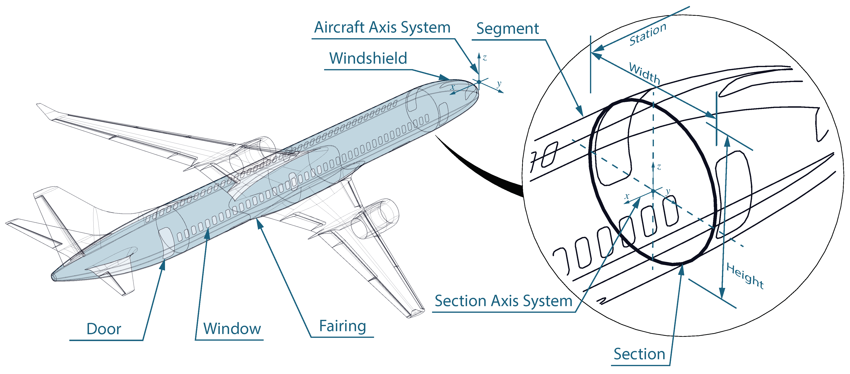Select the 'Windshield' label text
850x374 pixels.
click(x=368, y=58)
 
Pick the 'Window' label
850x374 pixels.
click(x=232, y=329)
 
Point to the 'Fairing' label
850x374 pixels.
click(x=343, y=326)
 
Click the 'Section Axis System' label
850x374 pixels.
click(x=503, y=301)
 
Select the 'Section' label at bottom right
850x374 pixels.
click(x=639, y=354)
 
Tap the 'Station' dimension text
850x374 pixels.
click(x=647, y=34)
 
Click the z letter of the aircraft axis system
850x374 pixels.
click(x=484, y=58)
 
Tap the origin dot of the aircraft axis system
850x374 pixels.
click(x=479, y=81)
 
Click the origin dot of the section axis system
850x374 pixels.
click(x=653, y=191)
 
